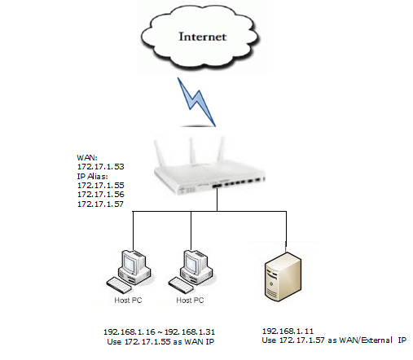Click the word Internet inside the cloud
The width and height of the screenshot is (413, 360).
[204, 36]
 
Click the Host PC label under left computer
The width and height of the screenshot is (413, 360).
[127, 301]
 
